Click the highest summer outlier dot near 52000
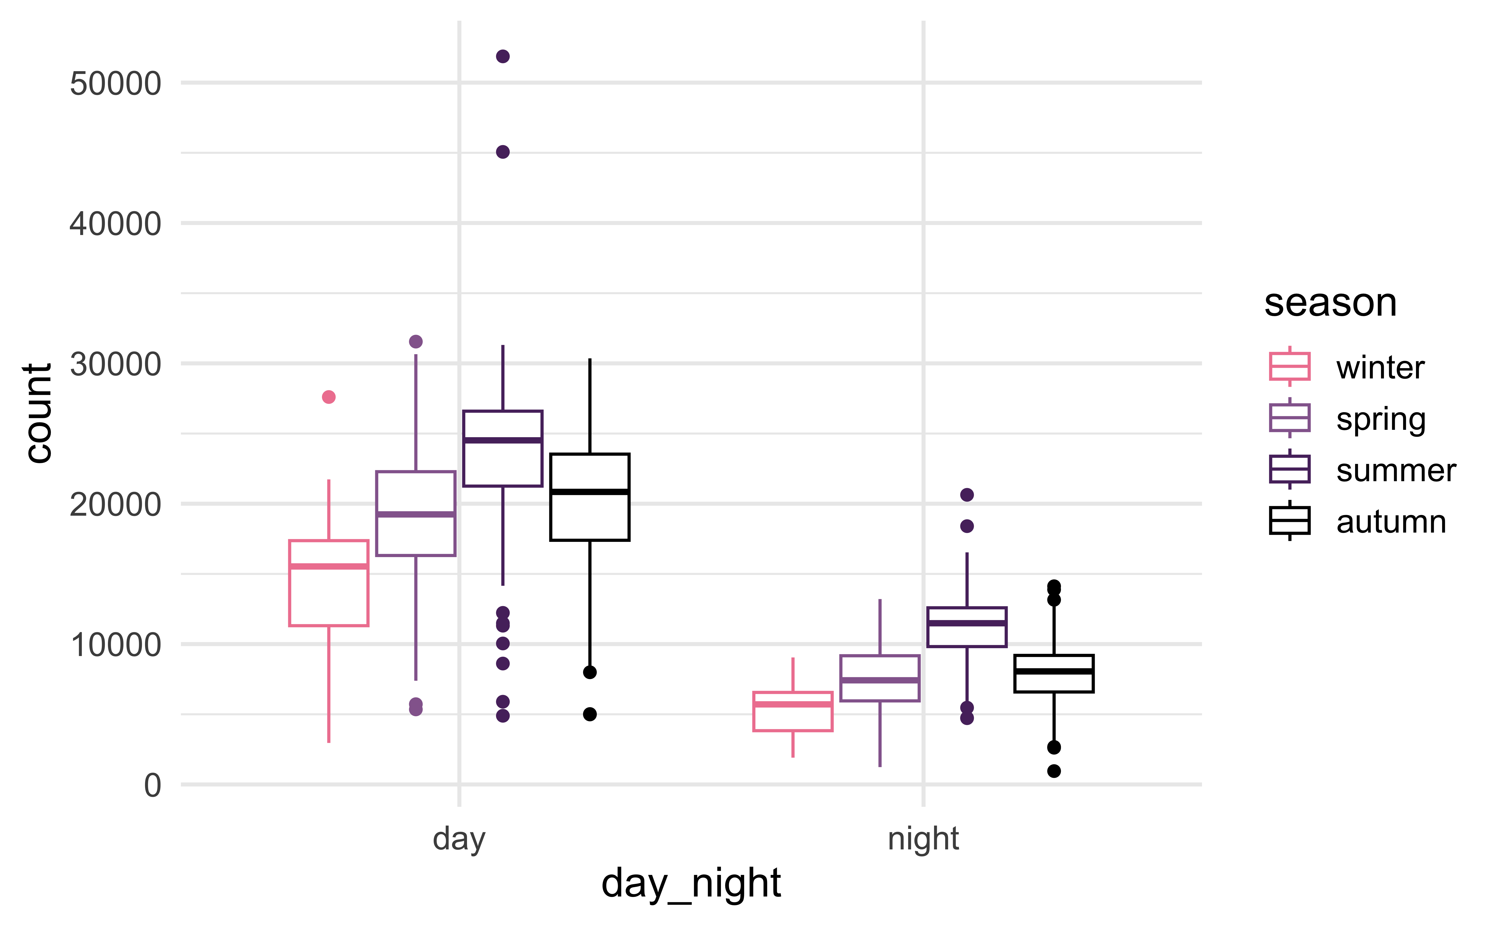click(x=503, y=56)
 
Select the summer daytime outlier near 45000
click(x=503, y=152)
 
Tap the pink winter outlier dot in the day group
click(x=329, y=397)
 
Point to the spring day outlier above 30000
click(x=416, y=341)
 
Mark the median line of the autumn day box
click(x=589, y=492)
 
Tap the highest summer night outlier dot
click(x=967, y=494)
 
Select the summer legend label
click(x=1396, y=470)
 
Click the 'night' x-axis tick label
click(x=923, y=838)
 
